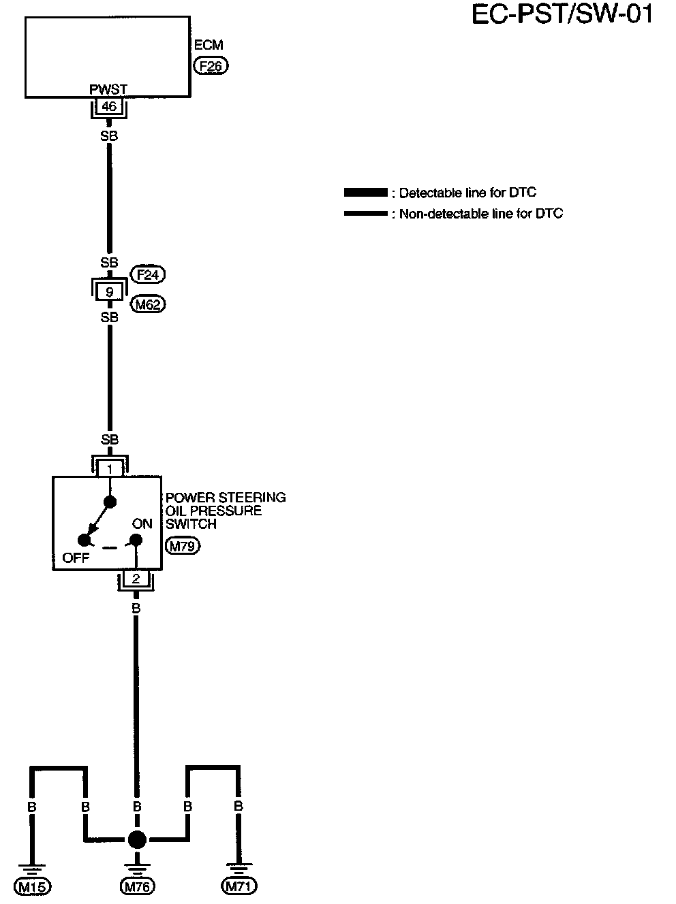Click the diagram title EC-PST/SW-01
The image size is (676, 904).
point(562,15)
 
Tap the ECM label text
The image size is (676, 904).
point(208,46)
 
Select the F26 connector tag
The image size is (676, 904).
point(211,66)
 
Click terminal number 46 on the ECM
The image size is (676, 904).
point(108,106)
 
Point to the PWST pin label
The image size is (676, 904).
point(108,90)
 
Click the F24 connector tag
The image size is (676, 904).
point(148,275)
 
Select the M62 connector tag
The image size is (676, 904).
point(148,304)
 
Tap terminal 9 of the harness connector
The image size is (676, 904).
point(109,293)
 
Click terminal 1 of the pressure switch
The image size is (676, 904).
point(110,468)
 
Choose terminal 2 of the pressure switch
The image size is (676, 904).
point(136,579)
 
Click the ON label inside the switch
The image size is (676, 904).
point(142,524)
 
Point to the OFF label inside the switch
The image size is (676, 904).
point(76,558)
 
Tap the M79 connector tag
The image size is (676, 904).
point(183,545)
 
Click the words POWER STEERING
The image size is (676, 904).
point(226,498)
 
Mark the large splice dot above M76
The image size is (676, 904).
point(137,839)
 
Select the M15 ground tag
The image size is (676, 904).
point(33,886)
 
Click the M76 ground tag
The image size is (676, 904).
point(137,886)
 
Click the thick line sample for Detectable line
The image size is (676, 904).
point(366,193)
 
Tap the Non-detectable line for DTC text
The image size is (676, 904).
point(481,214)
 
